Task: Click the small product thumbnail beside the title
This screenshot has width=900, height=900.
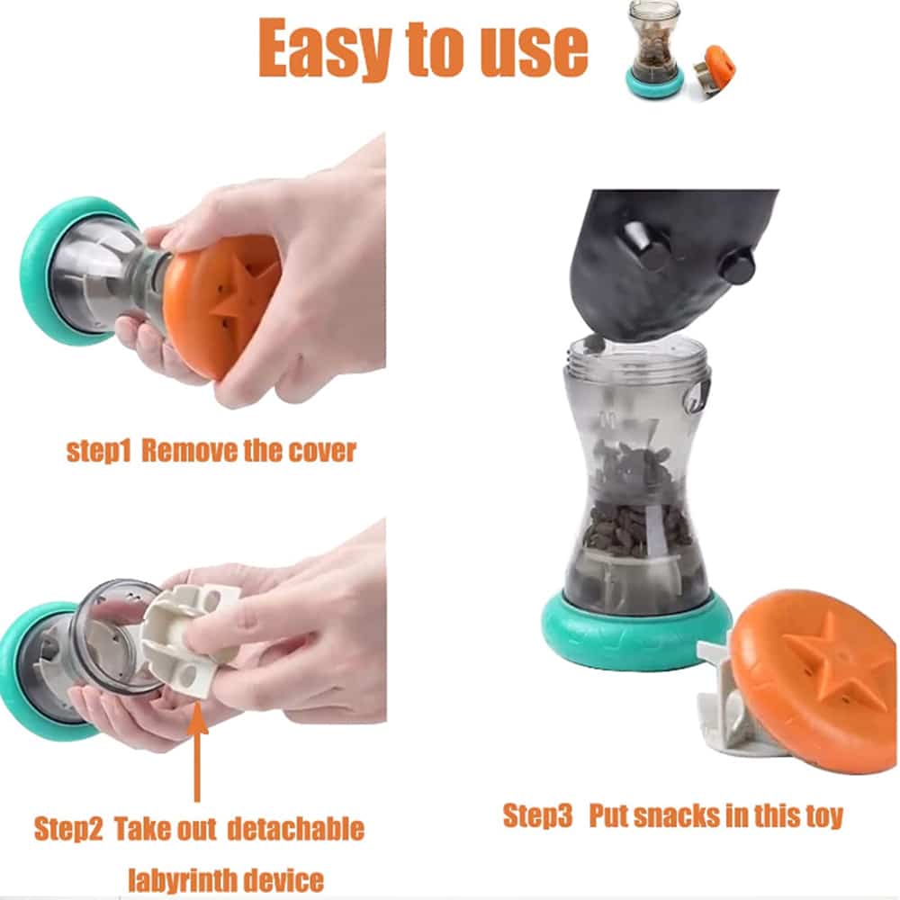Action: (x=680, y=50)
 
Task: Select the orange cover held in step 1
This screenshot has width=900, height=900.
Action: (x=221, y=307)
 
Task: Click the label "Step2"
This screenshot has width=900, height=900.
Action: (x=68, y=829)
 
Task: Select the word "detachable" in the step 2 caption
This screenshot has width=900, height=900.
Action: (x=295, y=829)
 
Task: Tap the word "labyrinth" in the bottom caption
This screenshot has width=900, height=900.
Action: (x=181, y=879)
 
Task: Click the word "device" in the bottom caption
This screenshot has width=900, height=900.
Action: (x=283, y=879)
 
